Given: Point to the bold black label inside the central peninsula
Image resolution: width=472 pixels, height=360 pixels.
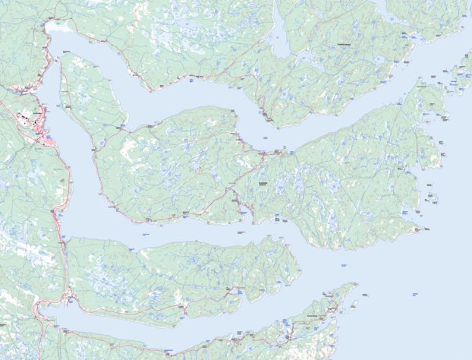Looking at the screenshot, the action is pos(262,183).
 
